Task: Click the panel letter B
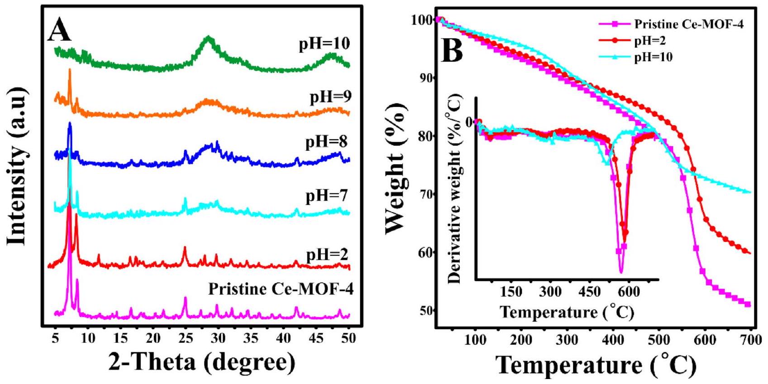pos(452,52)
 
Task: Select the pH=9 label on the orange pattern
pos(330,97)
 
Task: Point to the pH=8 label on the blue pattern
pos(326,142)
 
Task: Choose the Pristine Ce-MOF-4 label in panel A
pos(281,289)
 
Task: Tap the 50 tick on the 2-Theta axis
pos(348,338)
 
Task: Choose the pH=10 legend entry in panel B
pos(653,58)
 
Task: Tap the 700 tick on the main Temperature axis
pos(751,340)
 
